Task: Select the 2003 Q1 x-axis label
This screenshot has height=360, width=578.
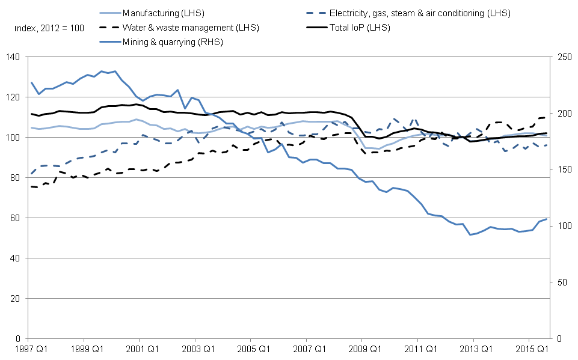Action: [194, 349]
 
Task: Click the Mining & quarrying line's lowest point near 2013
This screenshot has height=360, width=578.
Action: [470, 234]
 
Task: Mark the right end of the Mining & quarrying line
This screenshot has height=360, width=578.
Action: [547, 219]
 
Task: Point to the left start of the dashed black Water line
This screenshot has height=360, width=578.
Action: [31, 186]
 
